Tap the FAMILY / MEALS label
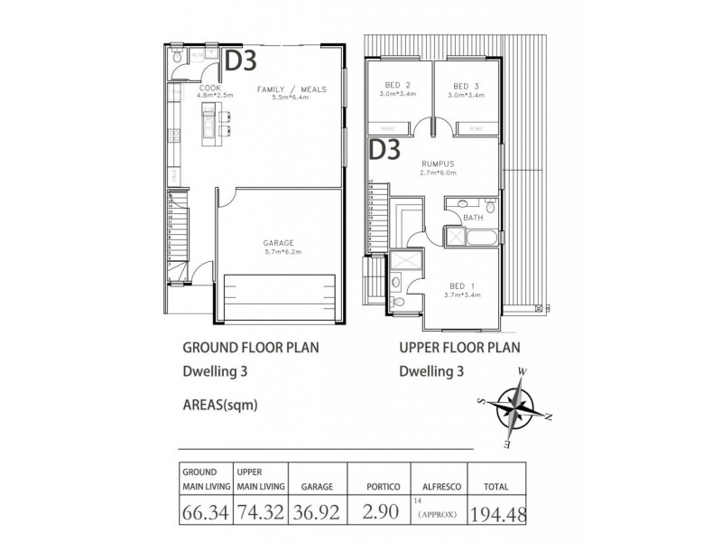click(290, 89)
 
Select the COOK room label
click(190, 89)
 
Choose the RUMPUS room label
click(436, 164)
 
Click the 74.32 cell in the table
click(262, 512)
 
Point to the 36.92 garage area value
click(317, 512)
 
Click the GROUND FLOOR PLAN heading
click(249, 347)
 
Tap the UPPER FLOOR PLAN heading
click(459, 347)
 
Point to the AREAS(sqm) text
click(220, 405)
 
